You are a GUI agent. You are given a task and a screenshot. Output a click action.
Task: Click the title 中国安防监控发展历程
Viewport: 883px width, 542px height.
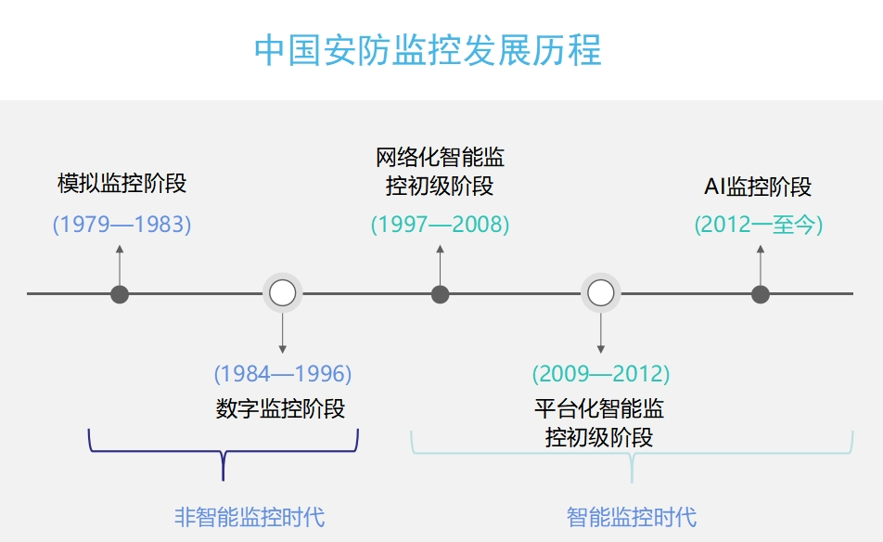pyautogui.click(x=428, y=50)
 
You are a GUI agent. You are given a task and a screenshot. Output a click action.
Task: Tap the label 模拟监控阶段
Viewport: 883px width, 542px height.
pyautogui.click(x=122, y=184)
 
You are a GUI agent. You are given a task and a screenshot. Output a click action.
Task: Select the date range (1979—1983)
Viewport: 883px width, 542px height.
pyautogui.click(x=122, y=225)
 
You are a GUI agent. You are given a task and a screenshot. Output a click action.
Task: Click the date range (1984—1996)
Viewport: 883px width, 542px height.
pyautogui.click(x=283, y=373)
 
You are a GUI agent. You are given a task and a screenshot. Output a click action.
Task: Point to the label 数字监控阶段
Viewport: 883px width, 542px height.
pyautogui.click(x=280, y=408)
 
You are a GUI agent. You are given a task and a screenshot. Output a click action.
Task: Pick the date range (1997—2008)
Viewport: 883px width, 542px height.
pyautogui.click(x=440, y=225)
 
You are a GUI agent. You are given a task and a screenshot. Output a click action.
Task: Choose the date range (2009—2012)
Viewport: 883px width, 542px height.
pyautogui.click(x=601, y=373)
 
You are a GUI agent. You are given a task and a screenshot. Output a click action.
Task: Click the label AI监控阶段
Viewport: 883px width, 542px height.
pyautogui.click(x=758, y=187)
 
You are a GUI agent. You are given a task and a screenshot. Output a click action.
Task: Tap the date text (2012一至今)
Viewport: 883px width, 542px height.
pyautogui.click(x=759, y=225)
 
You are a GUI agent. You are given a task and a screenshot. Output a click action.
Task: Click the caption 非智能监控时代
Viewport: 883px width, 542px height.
pyautogui.click(x=250, y=517)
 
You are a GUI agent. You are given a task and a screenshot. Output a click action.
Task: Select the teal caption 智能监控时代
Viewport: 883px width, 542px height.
pyautogui.click(x=632, y=517)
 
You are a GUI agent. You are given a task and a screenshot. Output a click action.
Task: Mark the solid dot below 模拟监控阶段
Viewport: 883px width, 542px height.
pyautogui.click(x=120, y=294)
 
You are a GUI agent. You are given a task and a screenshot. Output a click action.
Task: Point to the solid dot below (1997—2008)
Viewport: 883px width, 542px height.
pyautogui.click(x=440, y=294)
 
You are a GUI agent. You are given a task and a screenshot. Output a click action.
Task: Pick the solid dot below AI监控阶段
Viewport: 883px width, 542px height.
pyautogui.click(x=761, y=294)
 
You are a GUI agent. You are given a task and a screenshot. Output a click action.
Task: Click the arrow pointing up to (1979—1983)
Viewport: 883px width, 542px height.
pyautogui.click(x=120, y=265)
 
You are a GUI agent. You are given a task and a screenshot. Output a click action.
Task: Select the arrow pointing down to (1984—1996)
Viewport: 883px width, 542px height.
pyautogui.click(x=283, y=333)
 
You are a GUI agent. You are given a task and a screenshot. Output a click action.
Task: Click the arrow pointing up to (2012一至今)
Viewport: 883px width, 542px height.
pyautogui.click(x=761, y=265)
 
